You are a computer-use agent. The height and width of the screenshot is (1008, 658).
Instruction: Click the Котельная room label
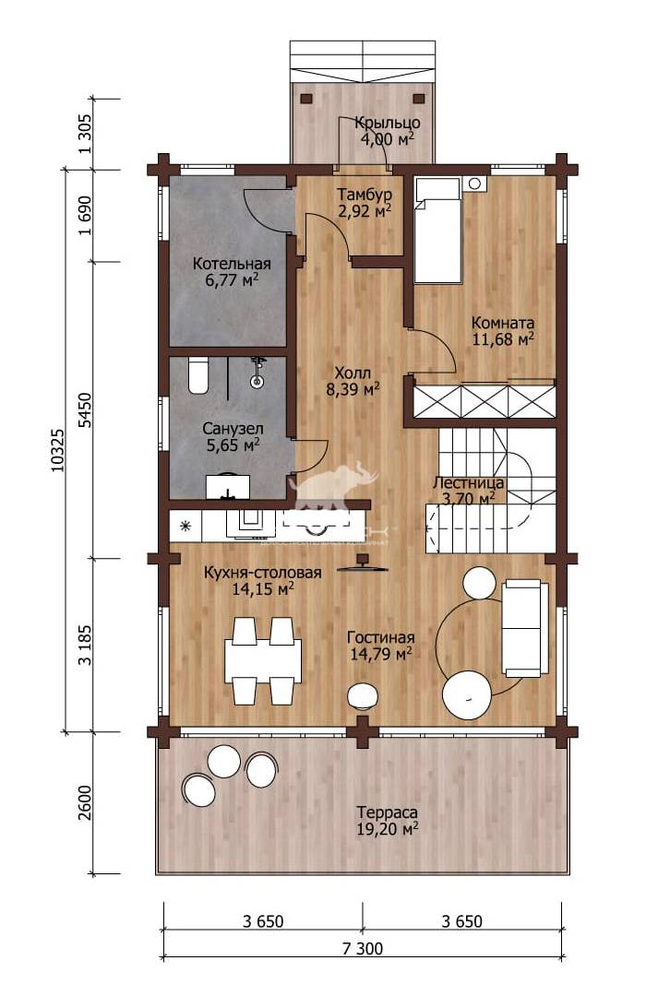(x=232, y=264)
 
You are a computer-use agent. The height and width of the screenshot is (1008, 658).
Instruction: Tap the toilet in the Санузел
(x=198, y=376)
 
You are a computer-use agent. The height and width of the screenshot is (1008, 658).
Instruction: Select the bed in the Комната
(x=437, y=231)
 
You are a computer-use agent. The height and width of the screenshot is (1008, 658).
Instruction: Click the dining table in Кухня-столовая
(x=262, y=658)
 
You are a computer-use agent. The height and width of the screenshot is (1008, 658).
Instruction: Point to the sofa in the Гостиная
(x=525, y=628)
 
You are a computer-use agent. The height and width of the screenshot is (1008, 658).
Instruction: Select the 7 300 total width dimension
(x=363, y=948)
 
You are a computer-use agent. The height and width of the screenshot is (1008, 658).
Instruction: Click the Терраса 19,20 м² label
(x=388, y=821)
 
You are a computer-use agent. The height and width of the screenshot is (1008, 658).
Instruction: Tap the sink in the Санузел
(x=228, y=486)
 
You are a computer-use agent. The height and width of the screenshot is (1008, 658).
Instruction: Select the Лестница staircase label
(x=468, y=482)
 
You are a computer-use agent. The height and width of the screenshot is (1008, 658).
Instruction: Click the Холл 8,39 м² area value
(x=353, y=389)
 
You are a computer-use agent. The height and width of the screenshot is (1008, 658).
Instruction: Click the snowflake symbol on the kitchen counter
(x=185, y=527)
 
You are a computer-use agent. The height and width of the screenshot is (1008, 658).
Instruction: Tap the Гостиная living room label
(x=381, y=637)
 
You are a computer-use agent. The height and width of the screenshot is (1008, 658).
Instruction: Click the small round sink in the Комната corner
(x=476, y=184)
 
